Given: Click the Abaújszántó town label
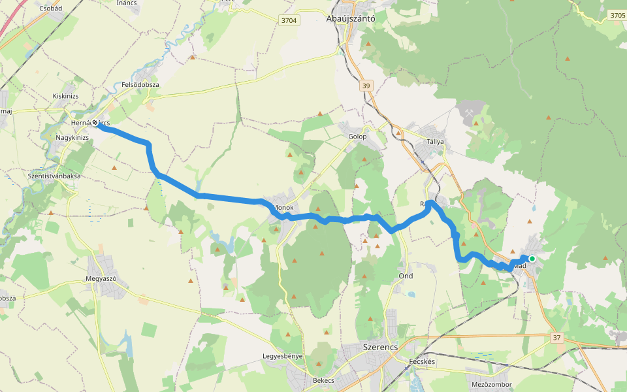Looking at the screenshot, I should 350,19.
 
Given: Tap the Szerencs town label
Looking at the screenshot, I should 379,347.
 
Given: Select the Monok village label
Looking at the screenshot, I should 283,208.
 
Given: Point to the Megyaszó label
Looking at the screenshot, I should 101,278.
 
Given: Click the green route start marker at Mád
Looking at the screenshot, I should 532,259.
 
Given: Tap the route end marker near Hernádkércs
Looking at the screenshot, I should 95,123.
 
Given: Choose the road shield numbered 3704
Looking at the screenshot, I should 289,21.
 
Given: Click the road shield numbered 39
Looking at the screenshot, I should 365,85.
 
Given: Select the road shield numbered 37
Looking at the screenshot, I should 556,338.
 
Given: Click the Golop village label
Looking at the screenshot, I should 357,137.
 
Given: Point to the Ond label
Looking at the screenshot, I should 406,276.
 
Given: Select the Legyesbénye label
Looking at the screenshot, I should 282,356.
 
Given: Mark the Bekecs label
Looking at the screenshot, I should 323,380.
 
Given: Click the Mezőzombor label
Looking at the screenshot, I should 491,385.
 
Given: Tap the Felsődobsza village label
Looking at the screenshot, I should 140,85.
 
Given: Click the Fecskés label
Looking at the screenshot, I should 422,361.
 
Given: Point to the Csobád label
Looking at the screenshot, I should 50,8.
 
